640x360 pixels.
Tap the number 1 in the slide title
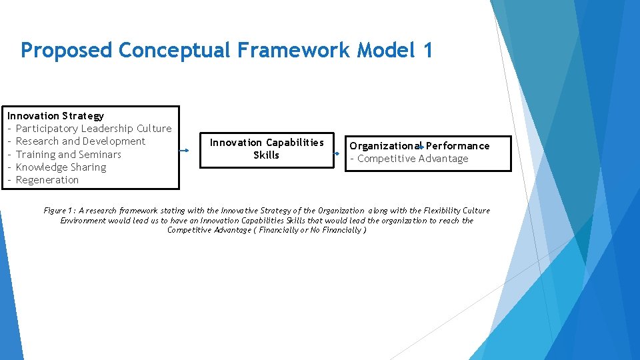(427, 50)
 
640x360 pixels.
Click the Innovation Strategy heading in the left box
(55, 115)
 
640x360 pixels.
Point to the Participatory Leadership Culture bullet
(93, 128)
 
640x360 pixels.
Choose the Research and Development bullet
(80, 141)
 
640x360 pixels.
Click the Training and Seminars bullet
(68, 154)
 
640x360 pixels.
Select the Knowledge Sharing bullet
(61, 167)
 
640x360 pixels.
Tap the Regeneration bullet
(47, 180)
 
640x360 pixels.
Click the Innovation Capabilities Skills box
(267, 149)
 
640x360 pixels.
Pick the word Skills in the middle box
(267, 155)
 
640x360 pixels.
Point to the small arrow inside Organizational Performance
(422, 146)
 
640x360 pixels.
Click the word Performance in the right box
(459, 145)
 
